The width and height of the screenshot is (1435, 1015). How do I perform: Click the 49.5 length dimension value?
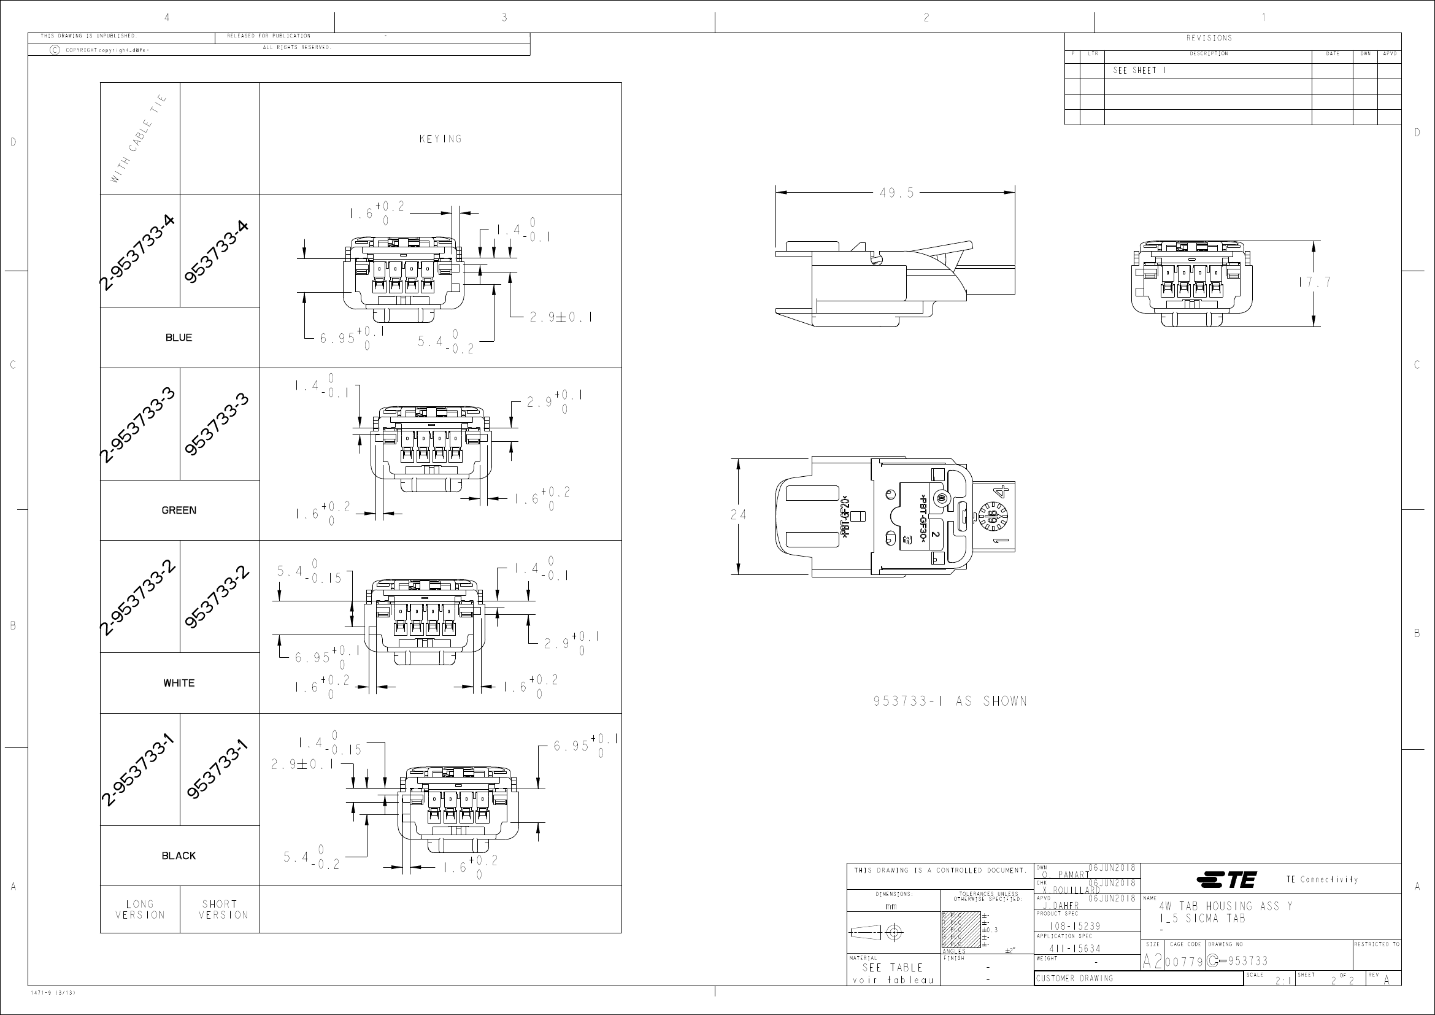[x=896, y=193]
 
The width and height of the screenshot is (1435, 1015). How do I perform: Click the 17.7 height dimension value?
[x=1314, y=282]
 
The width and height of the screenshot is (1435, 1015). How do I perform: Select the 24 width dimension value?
[x=738, y=515]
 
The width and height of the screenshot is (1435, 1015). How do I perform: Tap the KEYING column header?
[x=441, y=139]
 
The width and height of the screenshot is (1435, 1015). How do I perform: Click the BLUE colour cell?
[x=179, y=338]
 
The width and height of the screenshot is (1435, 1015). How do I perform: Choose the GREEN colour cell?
[x=179, y=510]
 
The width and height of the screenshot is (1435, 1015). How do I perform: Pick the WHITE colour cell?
[x=179, y=683]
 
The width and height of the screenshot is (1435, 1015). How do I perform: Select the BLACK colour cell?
[x=179, y=855]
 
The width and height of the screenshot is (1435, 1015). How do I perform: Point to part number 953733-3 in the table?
[x=218, y=425]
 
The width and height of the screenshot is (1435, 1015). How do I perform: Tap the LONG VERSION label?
[x=140, y=909]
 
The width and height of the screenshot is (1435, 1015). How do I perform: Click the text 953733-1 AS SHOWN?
[x=950, y=701]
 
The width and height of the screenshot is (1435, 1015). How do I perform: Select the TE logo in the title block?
[x=1226, y=879]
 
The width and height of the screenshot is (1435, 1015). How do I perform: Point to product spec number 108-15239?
[x=1075, y=926]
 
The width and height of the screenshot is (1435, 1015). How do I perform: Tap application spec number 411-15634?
[x=1075, y=949]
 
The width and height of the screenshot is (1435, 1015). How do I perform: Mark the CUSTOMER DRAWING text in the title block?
[x=1074, y=978]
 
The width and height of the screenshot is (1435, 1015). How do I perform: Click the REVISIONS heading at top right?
[x=1209, y=38]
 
